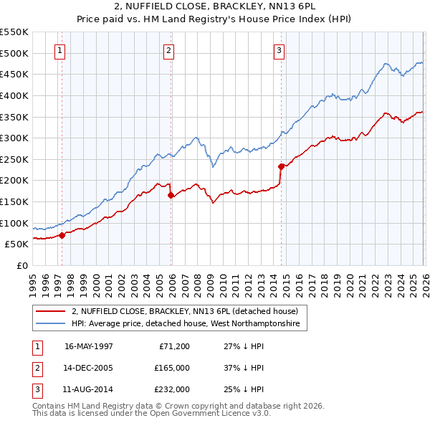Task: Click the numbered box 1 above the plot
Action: pyautogui.click(x=59, y=51)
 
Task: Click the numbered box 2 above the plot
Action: pyautogui.click(x=168, y=51)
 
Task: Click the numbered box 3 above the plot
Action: pyautogui.click(x=278, y=51)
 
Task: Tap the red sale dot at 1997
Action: pyautogui.click(x=62, y=234)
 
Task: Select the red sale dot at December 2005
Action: pyautogui.click(x=171, y=195)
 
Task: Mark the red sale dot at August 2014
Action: pyautogui.click(x=281, y=166)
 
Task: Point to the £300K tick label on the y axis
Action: pyautogui.click(x=14, y=138)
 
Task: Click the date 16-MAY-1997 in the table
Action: pyautogui.click(x=88, y=346)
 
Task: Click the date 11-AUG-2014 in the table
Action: pyautogui.click(x=88, y=390)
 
